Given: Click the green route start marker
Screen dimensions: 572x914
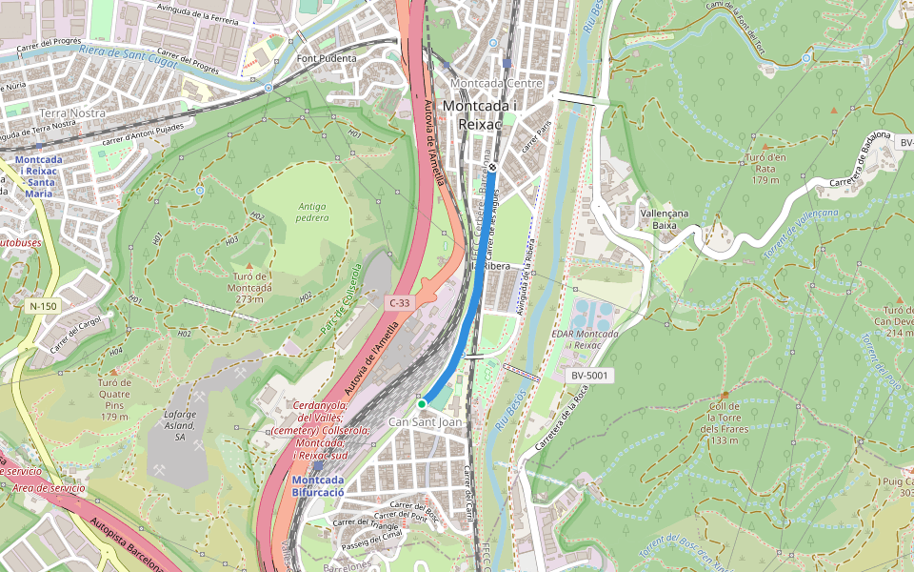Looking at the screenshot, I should tap(422, 404).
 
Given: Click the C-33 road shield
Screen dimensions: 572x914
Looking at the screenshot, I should tap(400, 302).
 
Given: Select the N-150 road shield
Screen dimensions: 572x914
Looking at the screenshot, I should tap(43, 306).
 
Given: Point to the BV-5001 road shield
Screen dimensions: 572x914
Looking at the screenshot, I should tap(589, 376).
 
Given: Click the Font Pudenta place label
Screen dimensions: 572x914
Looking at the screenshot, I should tap(327, 58).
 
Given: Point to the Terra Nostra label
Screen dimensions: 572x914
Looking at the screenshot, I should tap(74, 112).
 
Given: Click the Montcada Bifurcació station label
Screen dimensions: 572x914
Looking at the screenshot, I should tap(318, 484).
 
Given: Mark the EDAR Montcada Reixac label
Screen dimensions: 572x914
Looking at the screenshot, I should tap(585, 339).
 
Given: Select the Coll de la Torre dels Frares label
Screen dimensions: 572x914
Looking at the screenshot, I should tap(724, 423).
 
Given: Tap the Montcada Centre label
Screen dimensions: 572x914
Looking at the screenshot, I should tap(496, 83).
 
